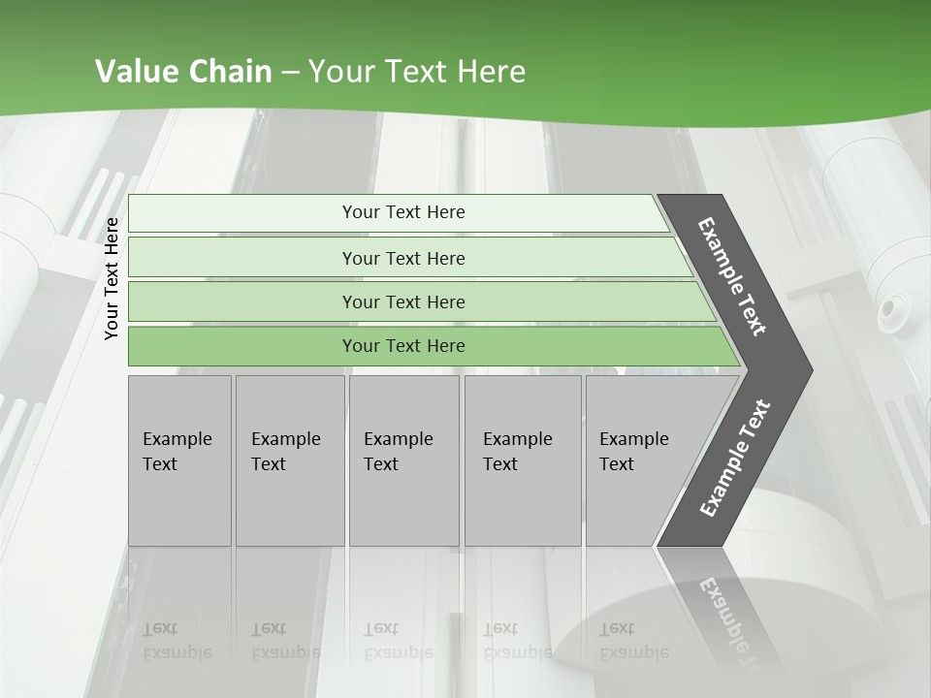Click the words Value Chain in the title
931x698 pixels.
183,72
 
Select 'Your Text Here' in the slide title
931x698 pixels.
417,72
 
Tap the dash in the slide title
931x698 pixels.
290,73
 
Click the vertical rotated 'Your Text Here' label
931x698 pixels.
112,278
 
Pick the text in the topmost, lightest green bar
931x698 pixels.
403,212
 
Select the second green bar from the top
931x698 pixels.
403,258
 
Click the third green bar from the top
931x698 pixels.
403,301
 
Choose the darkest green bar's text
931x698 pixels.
403,346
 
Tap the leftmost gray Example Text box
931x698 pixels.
178,452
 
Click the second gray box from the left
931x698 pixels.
288,452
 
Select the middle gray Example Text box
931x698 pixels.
402,452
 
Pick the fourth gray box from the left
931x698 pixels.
522,452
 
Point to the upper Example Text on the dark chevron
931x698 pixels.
732,276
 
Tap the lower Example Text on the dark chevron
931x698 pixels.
734,458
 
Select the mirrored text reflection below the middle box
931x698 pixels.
399,641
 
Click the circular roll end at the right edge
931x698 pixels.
888,312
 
